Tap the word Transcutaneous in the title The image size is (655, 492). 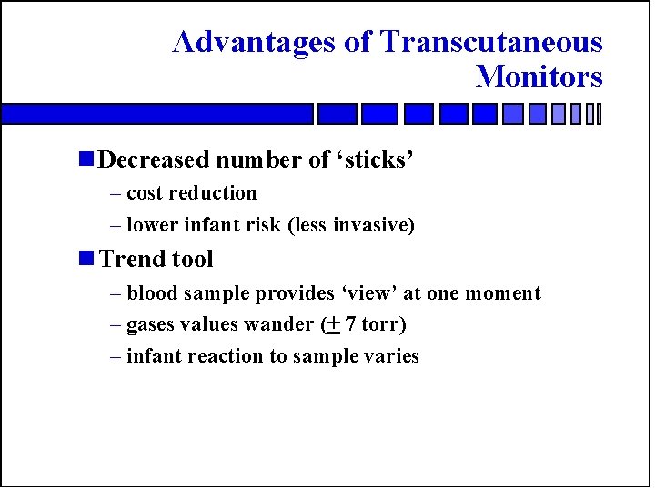[x=491, y=43]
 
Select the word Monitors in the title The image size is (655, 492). [x=539, y=77]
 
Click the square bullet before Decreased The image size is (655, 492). [x=86, y=159]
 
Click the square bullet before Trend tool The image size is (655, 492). [x=86, y=259]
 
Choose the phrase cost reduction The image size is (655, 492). [x=192, y=193]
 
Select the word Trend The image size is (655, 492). [x=128, y=260]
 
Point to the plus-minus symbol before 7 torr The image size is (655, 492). [x=332, y=324]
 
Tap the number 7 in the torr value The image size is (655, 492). [x=350, y=325]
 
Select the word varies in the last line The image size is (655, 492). [x=390, y=356]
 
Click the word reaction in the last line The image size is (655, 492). [x=225, y=356]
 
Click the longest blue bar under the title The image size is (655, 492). [x=156, y=114]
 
